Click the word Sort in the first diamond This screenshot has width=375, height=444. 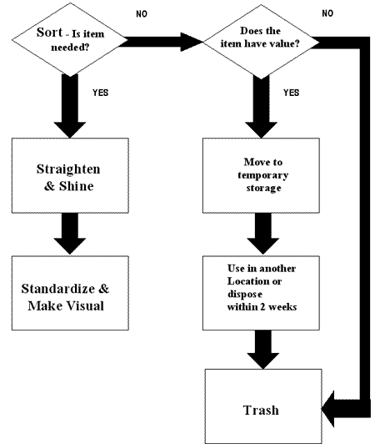pyautogui.click(x=49, y=33)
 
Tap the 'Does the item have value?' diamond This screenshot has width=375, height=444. pyautogui.click(x=261, y=42)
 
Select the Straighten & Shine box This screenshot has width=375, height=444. pyautogui.click(x=70, y=175)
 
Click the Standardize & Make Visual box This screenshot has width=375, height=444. pyautogui.click(x=70, y=293)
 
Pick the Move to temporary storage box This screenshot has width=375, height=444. pyautogui.click(x=261, y=175)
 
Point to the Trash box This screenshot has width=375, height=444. pyautogui.click(x=263, y=406)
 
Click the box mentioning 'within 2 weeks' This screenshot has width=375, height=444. pyautogui.click(x=261, y=293)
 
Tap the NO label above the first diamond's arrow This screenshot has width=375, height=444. pyautogui.click(x=142, y=14)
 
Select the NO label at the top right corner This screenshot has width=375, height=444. pyautogui.click(x=327, y=13)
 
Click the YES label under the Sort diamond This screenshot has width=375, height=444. pyautogui.click(x=100, y=93)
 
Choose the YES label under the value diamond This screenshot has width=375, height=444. pyautogui.click(x=292, y=93)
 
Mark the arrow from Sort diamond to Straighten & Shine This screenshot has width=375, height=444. pyautogui.click(x=70, y=106)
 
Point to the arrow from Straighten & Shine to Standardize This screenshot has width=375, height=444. pyautogui.click(x=70, y=234)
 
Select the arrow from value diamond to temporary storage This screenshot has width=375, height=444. pyautogui.click(x=261, y=107)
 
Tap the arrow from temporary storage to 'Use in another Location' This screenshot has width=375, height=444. pyautogui.click(x=263, y=234)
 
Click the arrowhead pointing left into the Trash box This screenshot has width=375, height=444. pyautogui.click(x=328, y=409)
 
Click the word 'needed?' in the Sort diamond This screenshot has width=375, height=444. pyautogui.click(x=70, y=47)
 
